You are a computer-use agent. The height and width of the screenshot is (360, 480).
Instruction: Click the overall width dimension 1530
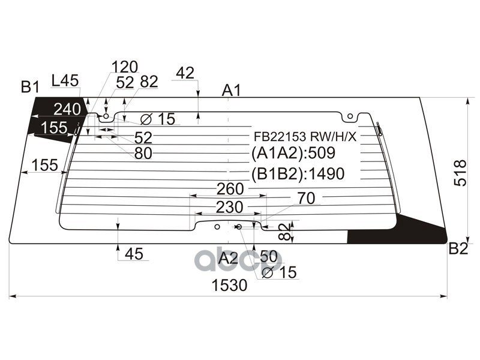[x=229, y=286]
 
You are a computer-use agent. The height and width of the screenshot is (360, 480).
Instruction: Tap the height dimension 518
[x=460, y=173]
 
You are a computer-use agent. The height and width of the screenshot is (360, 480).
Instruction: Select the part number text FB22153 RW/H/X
[x=304, y=136]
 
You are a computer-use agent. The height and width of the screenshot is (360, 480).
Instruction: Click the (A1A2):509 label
[x=293, y=153]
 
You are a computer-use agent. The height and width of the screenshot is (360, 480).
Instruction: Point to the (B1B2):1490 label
[x=298, y=174]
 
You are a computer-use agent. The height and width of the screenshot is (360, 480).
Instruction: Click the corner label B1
[x=29, y=88]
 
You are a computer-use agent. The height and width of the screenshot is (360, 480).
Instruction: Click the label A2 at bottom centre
[x=228, y=259]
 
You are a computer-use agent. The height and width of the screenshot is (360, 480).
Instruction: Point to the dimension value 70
[x=305, y=198]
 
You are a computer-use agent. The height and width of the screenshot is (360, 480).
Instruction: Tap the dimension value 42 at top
[x=185, y=73]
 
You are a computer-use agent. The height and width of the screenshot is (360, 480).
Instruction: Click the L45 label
[x=65, y=80]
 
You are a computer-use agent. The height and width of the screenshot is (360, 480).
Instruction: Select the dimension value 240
[x=67, y=109]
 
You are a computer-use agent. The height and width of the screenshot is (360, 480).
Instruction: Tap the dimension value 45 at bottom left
[x=134, y=254]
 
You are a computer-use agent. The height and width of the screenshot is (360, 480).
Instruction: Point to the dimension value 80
[x=143, y=154]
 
